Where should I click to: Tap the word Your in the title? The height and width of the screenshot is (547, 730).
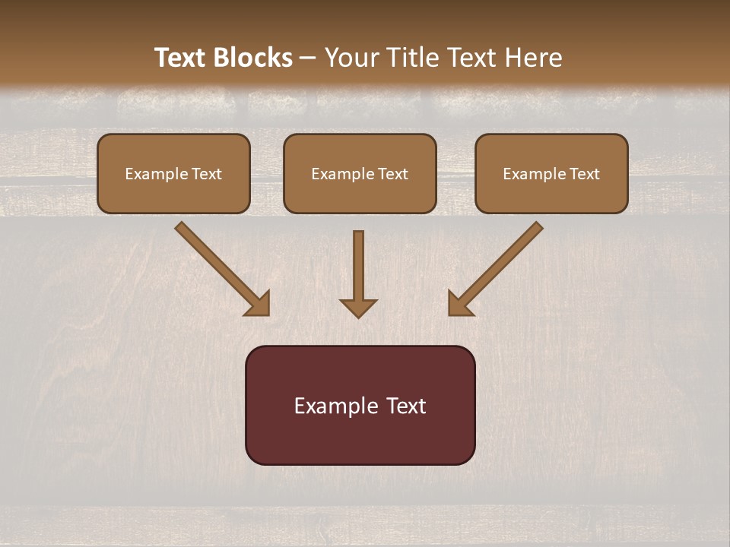click(x=352, y=58)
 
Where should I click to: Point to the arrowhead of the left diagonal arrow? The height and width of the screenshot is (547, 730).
click(x=258, y=303)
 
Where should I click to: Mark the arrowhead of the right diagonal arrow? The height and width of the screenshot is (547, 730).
click(x=459, y=303)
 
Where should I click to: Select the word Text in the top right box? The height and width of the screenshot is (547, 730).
click(x=585, y=174)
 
